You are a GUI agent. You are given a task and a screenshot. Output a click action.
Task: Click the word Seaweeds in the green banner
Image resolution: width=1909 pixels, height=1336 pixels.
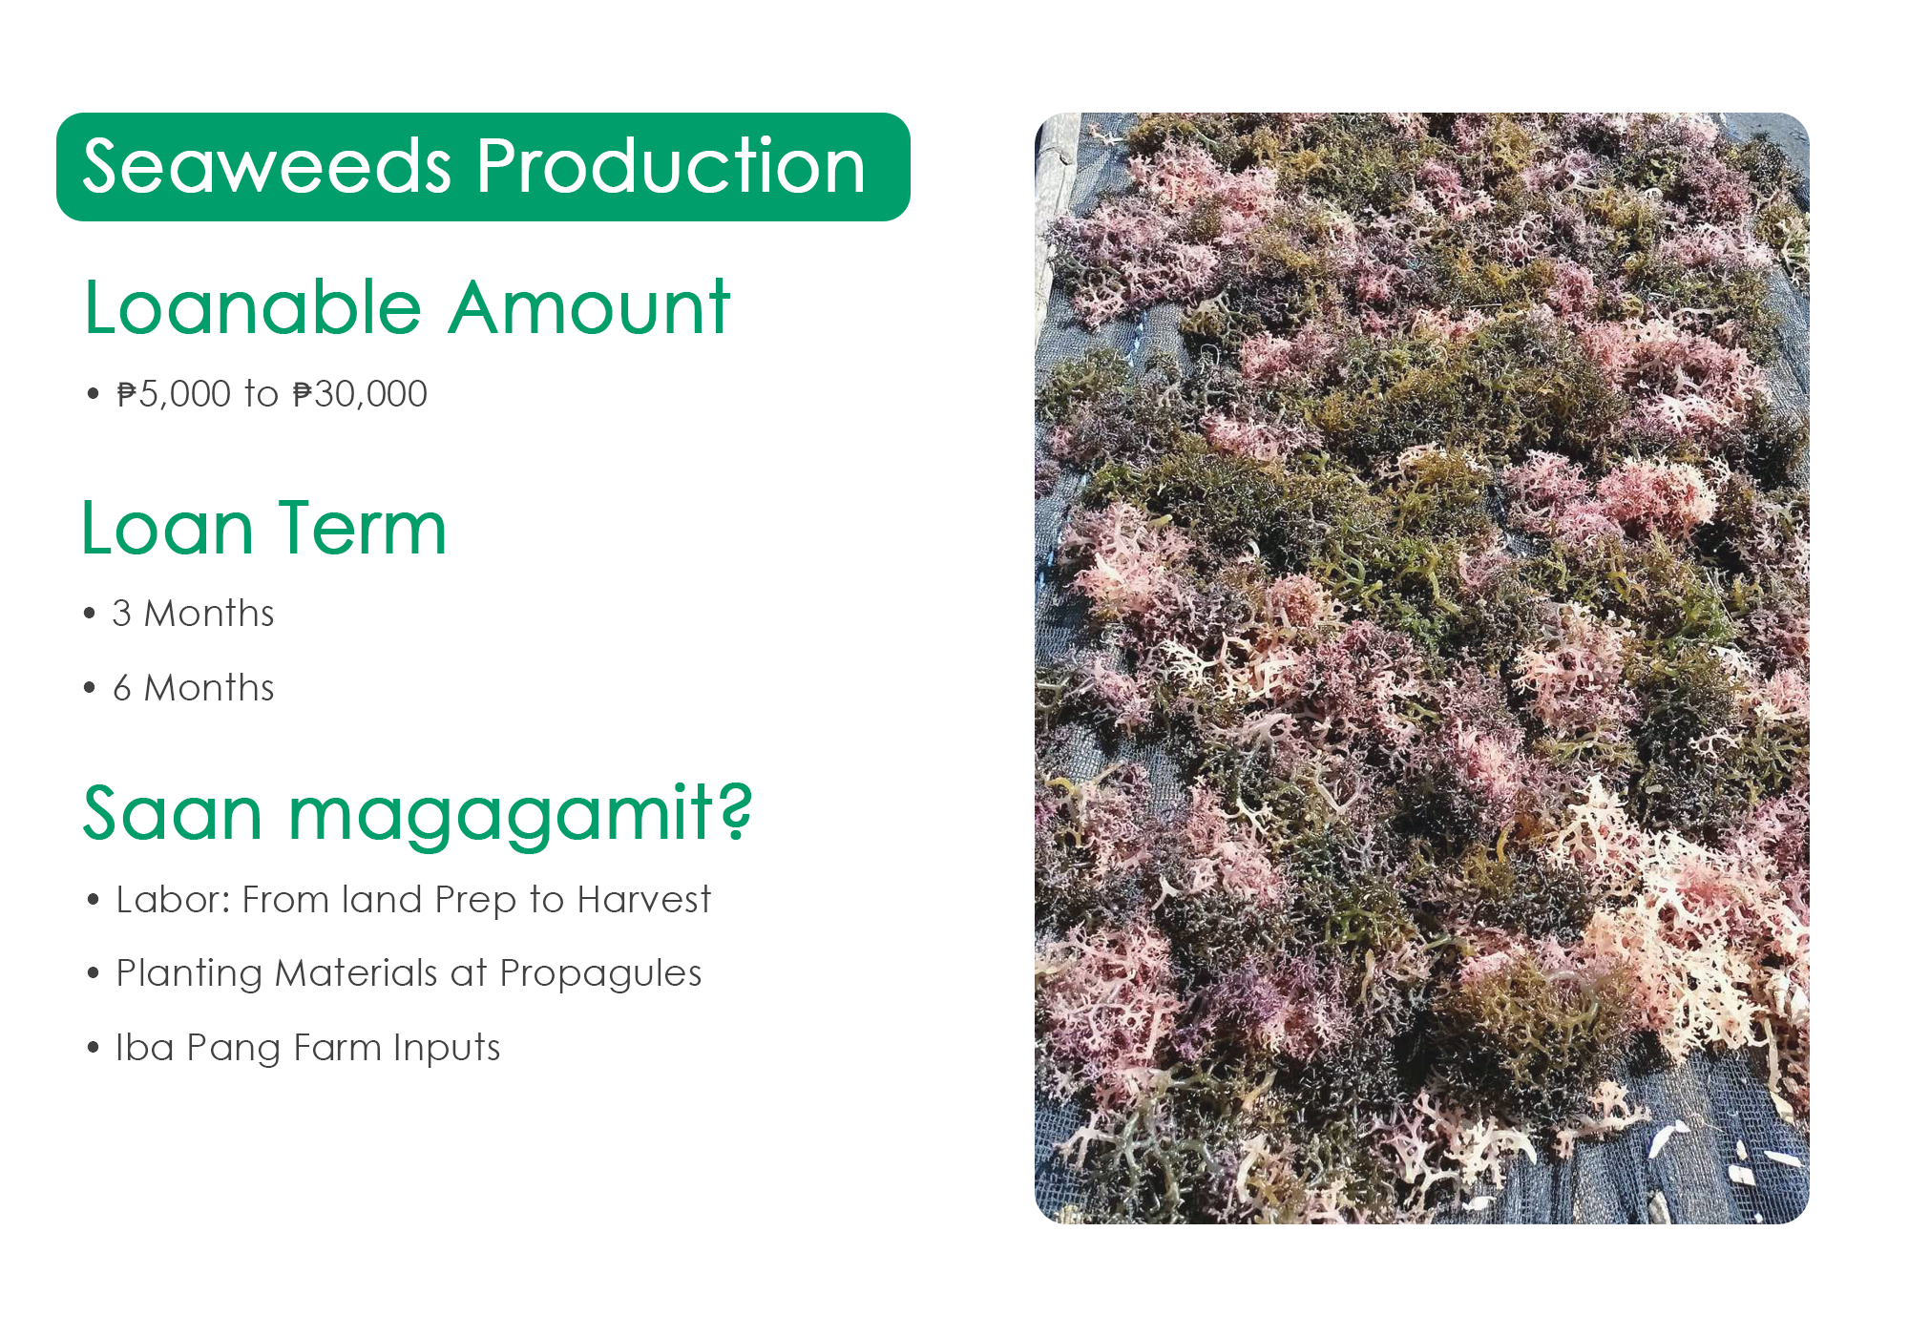tap(267, 166)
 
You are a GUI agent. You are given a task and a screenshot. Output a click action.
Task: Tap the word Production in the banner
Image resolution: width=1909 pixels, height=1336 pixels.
tap(671, 166)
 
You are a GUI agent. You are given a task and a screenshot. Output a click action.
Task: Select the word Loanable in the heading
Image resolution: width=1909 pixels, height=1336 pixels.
tap(253, 307)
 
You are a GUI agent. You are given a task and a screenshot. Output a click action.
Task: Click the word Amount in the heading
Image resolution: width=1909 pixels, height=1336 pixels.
tap(590, 307)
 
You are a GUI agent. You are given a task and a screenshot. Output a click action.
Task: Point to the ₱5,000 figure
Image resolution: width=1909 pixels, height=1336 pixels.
tap(174, 394)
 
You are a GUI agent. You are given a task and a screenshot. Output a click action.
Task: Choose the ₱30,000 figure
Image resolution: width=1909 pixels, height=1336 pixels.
tap(360, 394)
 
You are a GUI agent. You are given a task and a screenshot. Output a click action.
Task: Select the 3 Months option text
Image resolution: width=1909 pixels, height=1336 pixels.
tap(193, 614)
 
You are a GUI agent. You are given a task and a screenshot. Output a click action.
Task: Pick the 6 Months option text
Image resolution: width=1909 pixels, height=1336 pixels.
tap(193, 688)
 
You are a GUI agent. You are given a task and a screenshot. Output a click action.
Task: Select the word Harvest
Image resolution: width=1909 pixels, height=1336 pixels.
tap(644, 900)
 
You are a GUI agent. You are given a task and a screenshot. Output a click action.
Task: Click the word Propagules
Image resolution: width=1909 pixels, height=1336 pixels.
tap(600, 974)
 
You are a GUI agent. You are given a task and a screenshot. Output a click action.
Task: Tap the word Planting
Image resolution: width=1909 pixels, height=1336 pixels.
tap(189, 974)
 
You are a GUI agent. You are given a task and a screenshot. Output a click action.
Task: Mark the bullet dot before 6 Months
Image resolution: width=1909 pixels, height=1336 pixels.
tap(91, 688)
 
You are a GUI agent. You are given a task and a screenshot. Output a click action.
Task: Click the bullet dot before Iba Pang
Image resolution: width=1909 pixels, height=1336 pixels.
tap(93, 1048)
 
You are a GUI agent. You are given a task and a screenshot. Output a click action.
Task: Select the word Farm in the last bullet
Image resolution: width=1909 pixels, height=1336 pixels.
tap(338, 1048)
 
